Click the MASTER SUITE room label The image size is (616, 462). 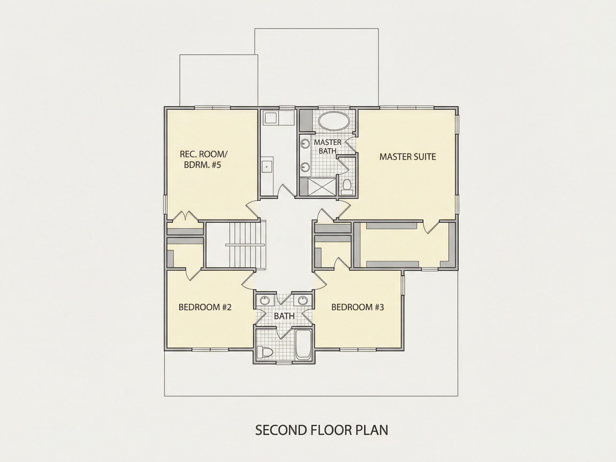407,157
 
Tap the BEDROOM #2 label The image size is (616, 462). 205,307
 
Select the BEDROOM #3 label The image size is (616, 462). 357,307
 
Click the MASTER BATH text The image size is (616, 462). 328,147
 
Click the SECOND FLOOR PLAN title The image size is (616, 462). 322,430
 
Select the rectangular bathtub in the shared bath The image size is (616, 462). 303,344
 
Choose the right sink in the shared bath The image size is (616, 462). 302,301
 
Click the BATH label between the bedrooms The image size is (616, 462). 284,316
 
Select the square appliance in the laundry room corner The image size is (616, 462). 270,118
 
